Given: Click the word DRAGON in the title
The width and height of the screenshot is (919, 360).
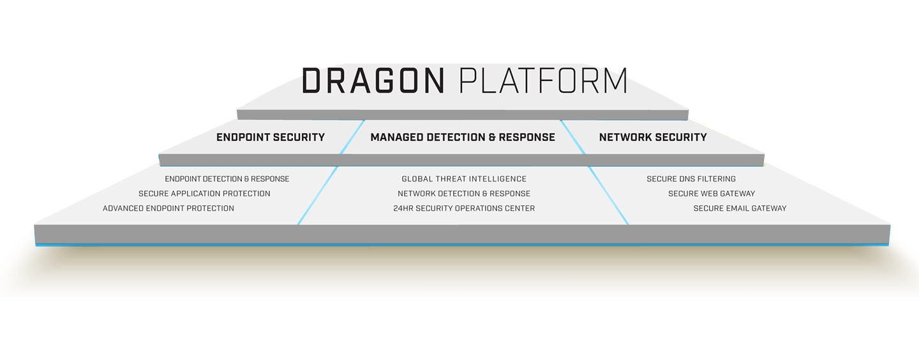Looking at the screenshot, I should (x=373, y=81).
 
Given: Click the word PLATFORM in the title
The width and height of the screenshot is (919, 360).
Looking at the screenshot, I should (x=543, y=81).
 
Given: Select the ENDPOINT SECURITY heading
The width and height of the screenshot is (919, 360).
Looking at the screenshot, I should (x=271, y=137).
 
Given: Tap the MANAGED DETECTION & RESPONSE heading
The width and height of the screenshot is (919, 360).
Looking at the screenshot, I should (x=463, y=137).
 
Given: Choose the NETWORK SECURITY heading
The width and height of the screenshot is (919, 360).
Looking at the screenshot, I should (x=653, y=137).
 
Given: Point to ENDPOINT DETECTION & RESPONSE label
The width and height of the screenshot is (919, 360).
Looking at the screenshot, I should (x=227, y=179).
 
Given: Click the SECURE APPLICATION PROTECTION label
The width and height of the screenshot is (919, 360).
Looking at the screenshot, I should (x=204, y=194).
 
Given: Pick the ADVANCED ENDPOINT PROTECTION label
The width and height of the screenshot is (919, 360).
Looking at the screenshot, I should (x=168, y=209).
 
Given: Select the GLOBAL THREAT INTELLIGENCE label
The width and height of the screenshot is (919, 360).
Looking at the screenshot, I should (x=464, y=179).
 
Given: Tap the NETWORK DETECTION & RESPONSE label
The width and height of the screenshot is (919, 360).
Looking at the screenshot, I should (x=464, y=194).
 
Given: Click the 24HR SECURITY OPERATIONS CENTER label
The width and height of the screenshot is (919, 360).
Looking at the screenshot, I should (x=464, y=209).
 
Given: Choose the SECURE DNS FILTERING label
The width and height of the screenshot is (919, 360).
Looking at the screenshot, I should (x=691, y=179).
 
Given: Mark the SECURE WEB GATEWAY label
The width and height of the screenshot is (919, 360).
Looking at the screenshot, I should (x=712, y=194).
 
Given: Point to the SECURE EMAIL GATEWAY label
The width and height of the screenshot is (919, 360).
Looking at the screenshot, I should (x=740, y=209).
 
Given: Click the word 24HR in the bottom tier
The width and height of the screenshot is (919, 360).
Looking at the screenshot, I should (x=405, y=209).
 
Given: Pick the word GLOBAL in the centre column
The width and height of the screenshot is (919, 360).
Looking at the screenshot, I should (x=419, y=179).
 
